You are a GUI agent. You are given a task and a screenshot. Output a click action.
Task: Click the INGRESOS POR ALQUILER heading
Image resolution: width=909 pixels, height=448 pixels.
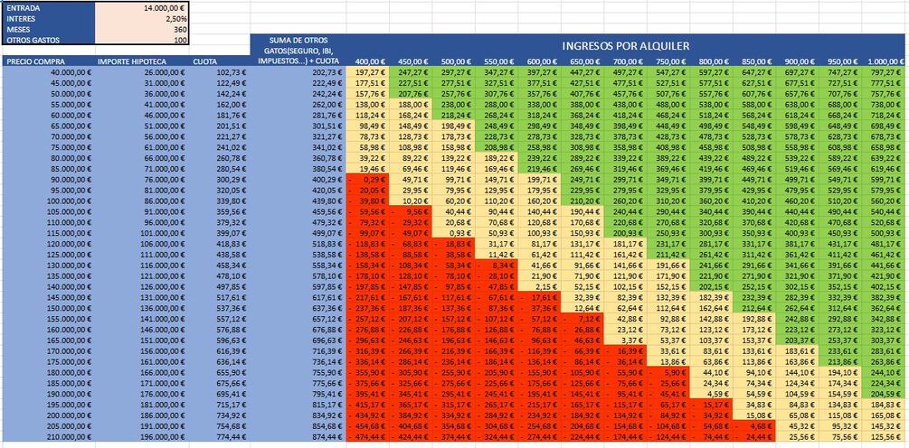[625, 45]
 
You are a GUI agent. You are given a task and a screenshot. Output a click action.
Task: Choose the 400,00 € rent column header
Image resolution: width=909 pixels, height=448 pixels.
[368, 61]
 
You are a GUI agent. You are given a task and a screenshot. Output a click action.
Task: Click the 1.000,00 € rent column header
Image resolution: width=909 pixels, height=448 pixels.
[885, 61]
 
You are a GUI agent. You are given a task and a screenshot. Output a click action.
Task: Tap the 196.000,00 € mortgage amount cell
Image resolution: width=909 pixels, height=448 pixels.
[160, 437]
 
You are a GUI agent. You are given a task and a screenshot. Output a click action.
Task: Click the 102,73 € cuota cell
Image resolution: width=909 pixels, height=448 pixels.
[231, 71]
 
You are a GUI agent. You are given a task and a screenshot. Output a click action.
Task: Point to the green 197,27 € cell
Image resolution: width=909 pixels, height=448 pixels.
[368, 71]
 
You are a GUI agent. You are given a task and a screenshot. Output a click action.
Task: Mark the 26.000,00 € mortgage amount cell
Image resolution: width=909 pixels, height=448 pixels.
[162, 71]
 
